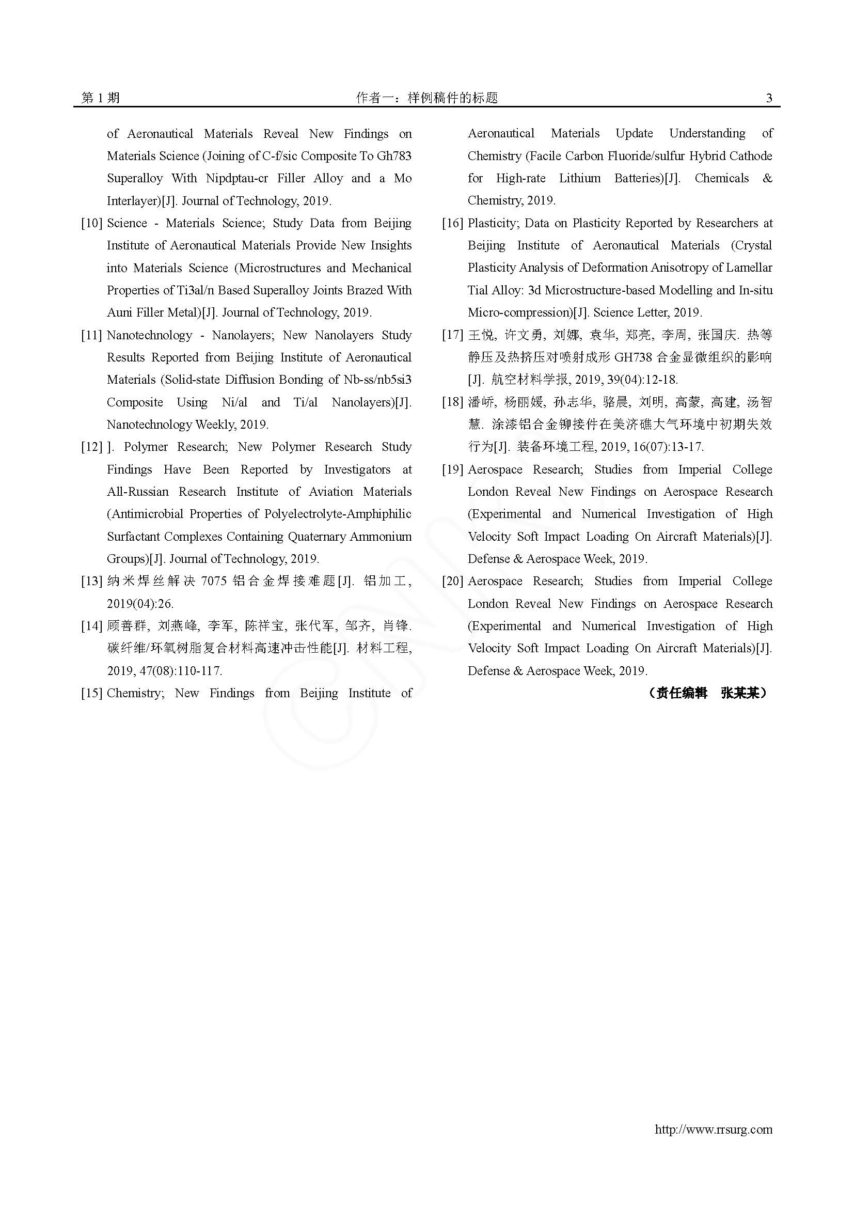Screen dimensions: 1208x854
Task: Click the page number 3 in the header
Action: tap(769, 98)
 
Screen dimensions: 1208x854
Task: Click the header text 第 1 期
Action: tap(101, 98)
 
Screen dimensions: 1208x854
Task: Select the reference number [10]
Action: tap(91, 223)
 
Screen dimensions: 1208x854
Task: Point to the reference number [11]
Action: tap(91, 335)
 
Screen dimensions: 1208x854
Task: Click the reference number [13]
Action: tap(91, 582)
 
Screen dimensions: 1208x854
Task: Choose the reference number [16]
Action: tap(452, 223)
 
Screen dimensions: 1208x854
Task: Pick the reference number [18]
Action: tap(452, 402)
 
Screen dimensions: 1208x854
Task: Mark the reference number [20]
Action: tap(452, 582)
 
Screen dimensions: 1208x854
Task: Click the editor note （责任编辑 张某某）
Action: tap(707, 694)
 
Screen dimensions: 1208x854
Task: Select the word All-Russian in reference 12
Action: tap(138, 492)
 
